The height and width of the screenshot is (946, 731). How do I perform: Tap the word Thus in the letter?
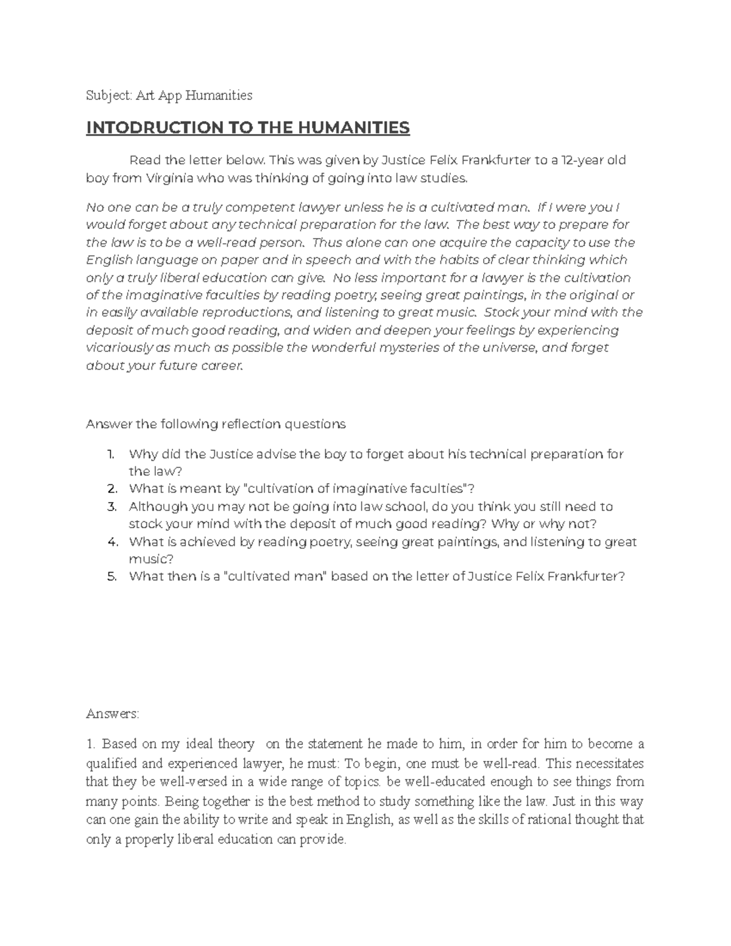click(x=325, y=242)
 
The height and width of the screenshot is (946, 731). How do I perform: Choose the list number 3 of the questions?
click(x=111, y=507)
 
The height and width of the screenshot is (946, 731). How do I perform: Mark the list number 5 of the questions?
click(x=111, y=577)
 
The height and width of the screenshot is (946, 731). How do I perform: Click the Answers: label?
click(x=113, y=713)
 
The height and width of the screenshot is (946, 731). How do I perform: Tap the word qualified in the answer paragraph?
click(x=110, y=763)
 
